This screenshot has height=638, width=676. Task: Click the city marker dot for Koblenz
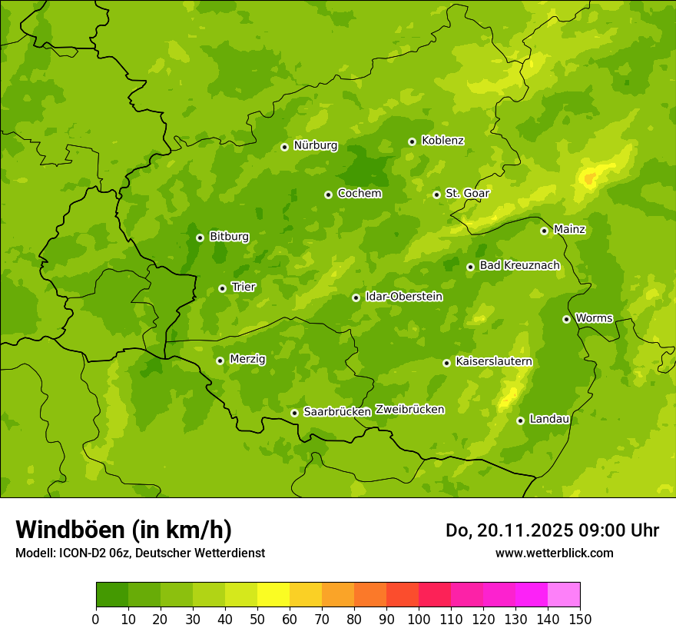point(412,141)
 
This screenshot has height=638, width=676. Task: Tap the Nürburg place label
point(316,145)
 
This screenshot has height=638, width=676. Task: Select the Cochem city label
point(360,193)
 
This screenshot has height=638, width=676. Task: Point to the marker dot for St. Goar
point(436,194)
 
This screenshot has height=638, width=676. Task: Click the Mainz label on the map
point(569,229)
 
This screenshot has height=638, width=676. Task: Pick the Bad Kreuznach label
point(519,265)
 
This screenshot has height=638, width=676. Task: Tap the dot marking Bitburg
point(200,238)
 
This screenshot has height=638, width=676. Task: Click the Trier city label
point(244,287)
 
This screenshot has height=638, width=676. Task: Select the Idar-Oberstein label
point(404,296)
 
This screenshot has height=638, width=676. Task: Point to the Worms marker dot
point(566,319)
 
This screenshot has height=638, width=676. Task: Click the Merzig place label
point(247,359)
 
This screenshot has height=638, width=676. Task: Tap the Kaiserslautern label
point(494,361)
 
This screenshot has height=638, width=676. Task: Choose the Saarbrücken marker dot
point(294,413)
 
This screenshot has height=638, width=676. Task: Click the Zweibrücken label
point(409,410)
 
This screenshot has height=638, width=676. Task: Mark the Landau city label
point(549,419)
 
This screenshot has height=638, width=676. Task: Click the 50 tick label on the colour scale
point(257,619)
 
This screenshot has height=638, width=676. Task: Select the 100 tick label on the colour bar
point(419,619)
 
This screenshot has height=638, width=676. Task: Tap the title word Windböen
point(69,530)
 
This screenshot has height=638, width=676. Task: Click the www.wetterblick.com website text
point(554,553)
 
